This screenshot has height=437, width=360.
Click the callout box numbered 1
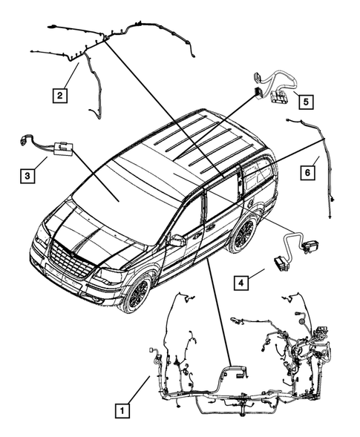pos(120,408)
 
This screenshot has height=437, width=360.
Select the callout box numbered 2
pos(59,94)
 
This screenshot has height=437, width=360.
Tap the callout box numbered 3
pos(27,176)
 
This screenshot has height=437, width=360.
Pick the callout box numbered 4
pos(242,282)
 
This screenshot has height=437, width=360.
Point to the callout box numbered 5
pos(305,99)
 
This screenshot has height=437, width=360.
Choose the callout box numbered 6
pos(305,172)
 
